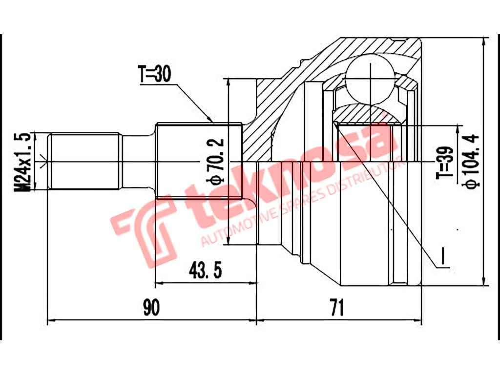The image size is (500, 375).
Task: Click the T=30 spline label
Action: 155,75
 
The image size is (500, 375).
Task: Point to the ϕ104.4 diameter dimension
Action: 472,161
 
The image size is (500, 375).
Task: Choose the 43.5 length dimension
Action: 203,269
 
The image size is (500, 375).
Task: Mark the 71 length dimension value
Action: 336,308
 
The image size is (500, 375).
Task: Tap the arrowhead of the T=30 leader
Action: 211,120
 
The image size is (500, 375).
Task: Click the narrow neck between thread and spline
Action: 138,161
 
